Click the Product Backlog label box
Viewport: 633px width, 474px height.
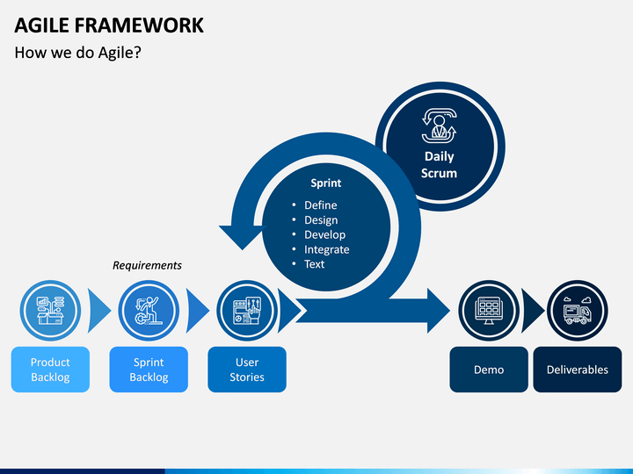[x=50, y=370]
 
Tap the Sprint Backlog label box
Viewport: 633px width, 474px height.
[x=149, y=370]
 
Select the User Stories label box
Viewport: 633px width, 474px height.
[x=247, y=370]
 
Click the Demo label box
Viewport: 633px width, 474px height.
[x=489, y=370]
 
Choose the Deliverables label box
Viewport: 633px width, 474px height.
[x=578, y=370]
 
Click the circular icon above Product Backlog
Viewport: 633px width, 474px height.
[x=50, y=311]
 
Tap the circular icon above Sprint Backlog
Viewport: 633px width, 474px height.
[x=149, y=311]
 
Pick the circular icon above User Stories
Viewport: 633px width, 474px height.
[x=247, y=311]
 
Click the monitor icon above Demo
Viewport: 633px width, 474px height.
[x=489, y=311]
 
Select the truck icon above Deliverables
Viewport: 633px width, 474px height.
[x=578, y=311]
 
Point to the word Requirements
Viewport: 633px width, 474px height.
[x=147, y=265]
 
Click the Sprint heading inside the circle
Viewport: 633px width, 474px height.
[x=326, y=183]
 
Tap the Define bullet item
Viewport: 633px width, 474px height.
[x=321, y=205]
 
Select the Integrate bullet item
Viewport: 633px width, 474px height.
[x=326, y=249]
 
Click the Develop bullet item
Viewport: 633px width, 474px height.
[x=325, y=234]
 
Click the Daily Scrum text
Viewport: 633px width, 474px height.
[x=440, y=164]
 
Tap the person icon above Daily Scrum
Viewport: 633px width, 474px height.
[x=440, y=126]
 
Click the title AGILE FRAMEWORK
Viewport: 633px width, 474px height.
[x=109, y=25]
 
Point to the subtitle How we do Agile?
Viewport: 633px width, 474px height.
[x=78, y=53]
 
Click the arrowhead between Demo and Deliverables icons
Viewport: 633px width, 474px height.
[x=532, y=311]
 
